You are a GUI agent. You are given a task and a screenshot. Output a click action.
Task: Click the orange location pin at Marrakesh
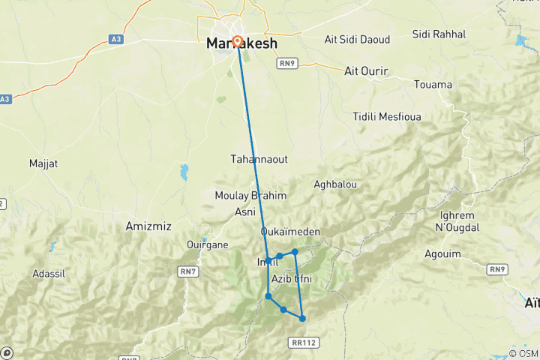point(238,41)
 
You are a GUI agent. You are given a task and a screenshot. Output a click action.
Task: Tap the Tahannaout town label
point(259,160)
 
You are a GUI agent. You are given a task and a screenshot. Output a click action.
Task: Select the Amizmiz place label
point(148,226)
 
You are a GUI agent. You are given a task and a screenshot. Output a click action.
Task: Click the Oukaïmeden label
point(291,232)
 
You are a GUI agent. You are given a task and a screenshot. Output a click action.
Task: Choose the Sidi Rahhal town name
point(439,34)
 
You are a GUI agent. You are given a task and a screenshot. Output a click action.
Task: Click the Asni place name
point(245,212)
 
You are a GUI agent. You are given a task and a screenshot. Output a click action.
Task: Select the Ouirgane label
point(208,244)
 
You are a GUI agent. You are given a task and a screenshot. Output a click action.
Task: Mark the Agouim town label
point(442,253)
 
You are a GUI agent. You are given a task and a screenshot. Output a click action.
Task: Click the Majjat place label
point(42,163)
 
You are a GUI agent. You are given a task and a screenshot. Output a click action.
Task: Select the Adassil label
point(49,274)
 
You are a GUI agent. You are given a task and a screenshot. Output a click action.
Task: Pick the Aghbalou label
point(336,184)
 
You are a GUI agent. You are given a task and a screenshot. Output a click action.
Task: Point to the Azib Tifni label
point(291,279)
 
